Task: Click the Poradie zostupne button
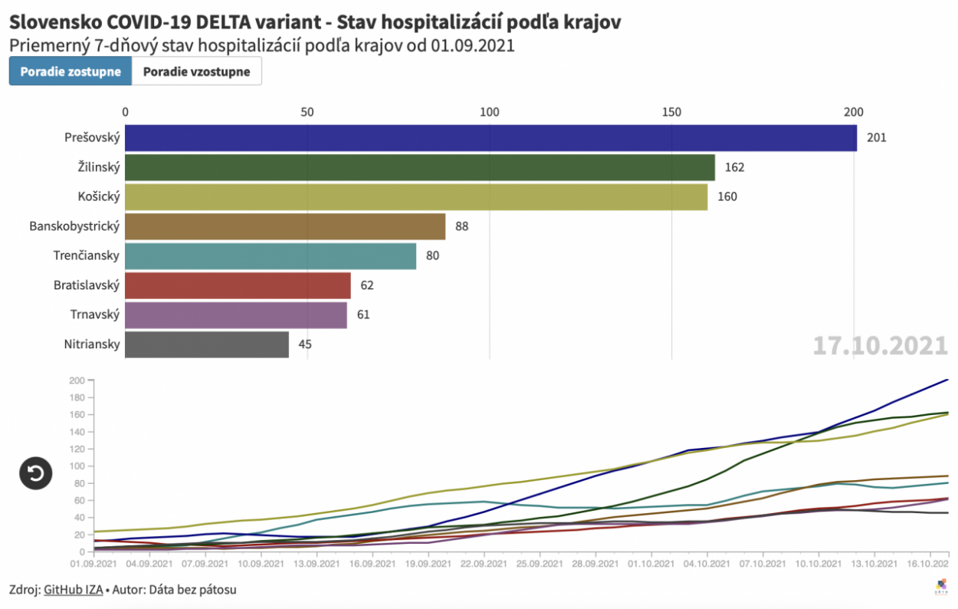[x=71, y=71]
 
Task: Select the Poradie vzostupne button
[x=196, y=71]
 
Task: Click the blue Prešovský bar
[x=490, y=138]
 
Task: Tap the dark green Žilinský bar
[x=419, y=167]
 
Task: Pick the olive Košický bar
[x=416, y=197]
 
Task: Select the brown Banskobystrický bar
[x=285, y=226]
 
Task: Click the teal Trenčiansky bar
[x=271, y=256]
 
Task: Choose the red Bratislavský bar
[x=238, y=285]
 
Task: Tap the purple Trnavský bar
[x=236, y=315]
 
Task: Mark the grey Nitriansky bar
[x=207, y=344]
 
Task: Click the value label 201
[x=876, y=138]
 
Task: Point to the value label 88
[x=461, y=226]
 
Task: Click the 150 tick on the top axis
[x=671, y=112]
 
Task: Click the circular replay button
[x=36, y=473]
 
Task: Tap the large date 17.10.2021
[x=880, y=345]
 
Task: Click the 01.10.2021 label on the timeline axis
[x=650, y=564]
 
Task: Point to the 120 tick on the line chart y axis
[x=76, y=449]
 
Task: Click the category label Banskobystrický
[x=74, y=226]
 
